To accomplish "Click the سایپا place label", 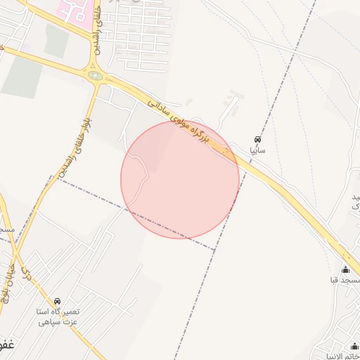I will click(257, 150).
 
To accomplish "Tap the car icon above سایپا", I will click(257, 139).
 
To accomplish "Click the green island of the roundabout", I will click(95, 75).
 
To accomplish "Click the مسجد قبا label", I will click(345, 281).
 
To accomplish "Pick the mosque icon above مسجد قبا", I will click(345, 269).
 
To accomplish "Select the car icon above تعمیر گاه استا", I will click(57, 300).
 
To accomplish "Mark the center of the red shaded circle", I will click(180, 179).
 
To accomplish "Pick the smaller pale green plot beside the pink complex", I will click(56, 41).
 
